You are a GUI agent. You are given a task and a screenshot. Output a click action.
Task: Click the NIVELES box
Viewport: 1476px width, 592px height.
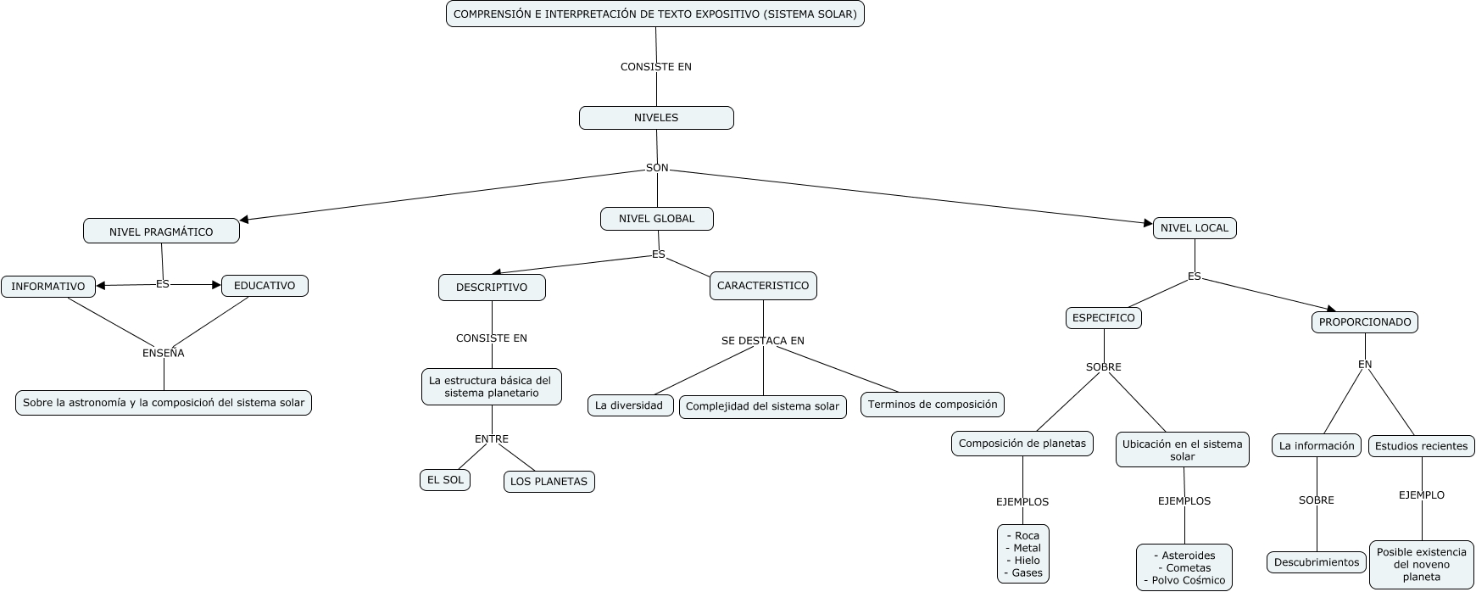(x=656, y=118)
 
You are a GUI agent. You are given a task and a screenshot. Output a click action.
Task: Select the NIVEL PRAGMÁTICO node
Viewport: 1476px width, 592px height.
(x=161, y=232)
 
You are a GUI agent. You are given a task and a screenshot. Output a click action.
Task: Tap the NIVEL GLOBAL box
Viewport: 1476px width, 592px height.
(x=656, y=219)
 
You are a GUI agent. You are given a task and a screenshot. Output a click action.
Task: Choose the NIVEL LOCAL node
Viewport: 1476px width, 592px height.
(x=1194, y=228)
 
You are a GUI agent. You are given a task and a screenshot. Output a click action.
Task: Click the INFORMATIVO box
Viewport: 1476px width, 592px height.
(x=48, y=287)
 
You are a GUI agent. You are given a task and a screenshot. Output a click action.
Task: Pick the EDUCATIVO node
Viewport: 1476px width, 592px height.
(x=265, y=286)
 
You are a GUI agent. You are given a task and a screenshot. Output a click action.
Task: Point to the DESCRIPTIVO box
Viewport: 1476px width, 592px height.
(x=492, y=288)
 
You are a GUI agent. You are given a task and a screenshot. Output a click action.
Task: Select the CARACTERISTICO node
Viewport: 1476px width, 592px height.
(x=763, y=286)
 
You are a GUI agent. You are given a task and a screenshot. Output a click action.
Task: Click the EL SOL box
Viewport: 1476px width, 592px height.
(x=445, y=480)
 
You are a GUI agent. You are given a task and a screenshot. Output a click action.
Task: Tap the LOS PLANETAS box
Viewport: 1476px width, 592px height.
(x=549, y=482)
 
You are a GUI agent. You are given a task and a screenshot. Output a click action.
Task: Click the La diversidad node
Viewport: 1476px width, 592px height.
(x=629, y=405)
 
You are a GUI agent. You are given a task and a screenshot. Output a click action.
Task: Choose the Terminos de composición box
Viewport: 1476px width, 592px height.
(x=933, y=405)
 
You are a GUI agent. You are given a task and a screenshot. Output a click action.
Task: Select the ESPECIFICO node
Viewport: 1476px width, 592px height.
(x=1103, y=318)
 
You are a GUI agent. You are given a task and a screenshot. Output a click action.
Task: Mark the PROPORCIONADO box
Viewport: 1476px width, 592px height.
(x=1365, y=322)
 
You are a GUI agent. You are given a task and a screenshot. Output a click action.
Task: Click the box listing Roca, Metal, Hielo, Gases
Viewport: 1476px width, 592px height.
(x=1022, y=554)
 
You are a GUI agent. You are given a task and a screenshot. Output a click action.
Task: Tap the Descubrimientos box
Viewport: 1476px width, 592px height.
(x=1317, y=562)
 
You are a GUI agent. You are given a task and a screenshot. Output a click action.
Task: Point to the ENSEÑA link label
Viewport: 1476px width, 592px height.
(x=163, y=353)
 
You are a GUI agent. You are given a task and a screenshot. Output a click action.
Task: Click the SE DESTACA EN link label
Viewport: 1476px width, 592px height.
(x=763, y=341)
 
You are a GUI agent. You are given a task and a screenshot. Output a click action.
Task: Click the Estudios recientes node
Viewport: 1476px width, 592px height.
(x=1421, y=446)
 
